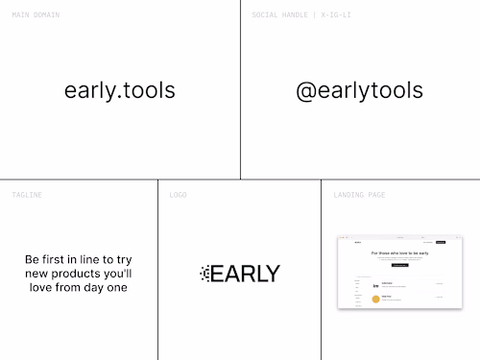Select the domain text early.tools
(120, 91)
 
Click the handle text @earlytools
(359, 91)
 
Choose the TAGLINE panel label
(27, 195)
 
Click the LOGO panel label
(179, 195)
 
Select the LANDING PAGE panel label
(359, 195)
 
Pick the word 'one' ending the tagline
(116, 287)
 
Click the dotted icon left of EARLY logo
(204, 274)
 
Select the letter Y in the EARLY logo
(272, 274)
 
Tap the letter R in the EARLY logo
(245, 274)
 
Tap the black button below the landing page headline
(399, 264)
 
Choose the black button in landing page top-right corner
(441, 242)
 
